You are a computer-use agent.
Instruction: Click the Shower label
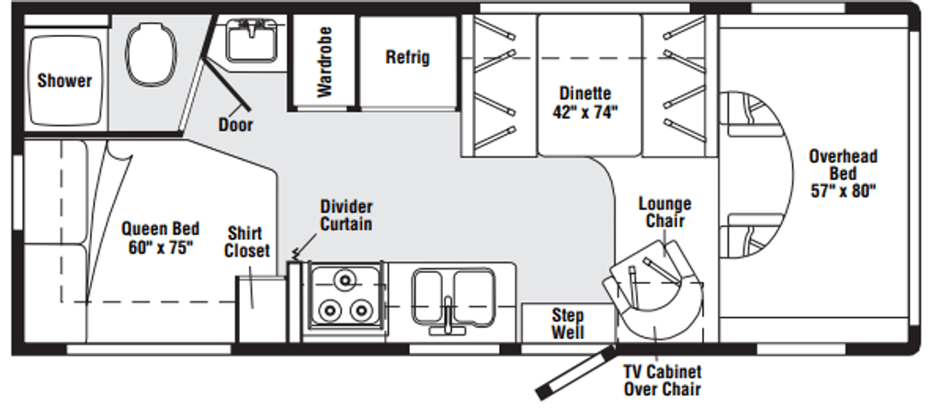tap(64, 81)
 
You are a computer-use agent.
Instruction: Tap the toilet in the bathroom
tap(150, 55)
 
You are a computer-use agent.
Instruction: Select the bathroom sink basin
tap(249, 40)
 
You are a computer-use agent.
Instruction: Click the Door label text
tap(236, 124)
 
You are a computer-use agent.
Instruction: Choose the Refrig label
tap(407, 57)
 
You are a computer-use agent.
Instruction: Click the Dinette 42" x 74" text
tap(585, 103)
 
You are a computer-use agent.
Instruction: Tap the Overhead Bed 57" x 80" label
tap(843, 174)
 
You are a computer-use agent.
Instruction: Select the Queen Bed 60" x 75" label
tap(160, 238)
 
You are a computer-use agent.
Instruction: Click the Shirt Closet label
tap(247, 242)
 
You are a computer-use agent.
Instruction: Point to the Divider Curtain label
tap(346, 214)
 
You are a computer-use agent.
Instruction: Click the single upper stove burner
tap(346, 278)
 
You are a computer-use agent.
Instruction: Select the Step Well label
tap(567, 324)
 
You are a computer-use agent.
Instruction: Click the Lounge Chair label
tap(664, 212)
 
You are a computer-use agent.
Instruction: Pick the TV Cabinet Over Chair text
tap(662, 380)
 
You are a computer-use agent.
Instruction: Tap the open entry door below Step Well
tap(574, 372)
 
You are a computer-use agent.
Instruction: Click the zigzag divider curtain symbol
tap(296, 250)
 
